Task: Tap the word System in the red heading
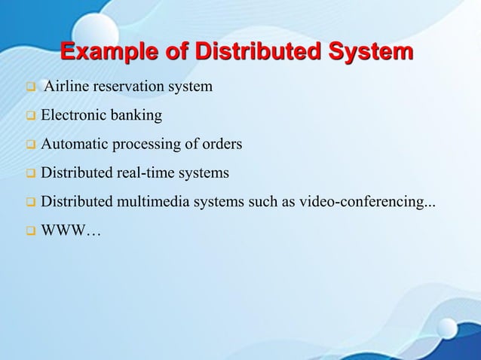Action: click(x=369, y=53)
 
